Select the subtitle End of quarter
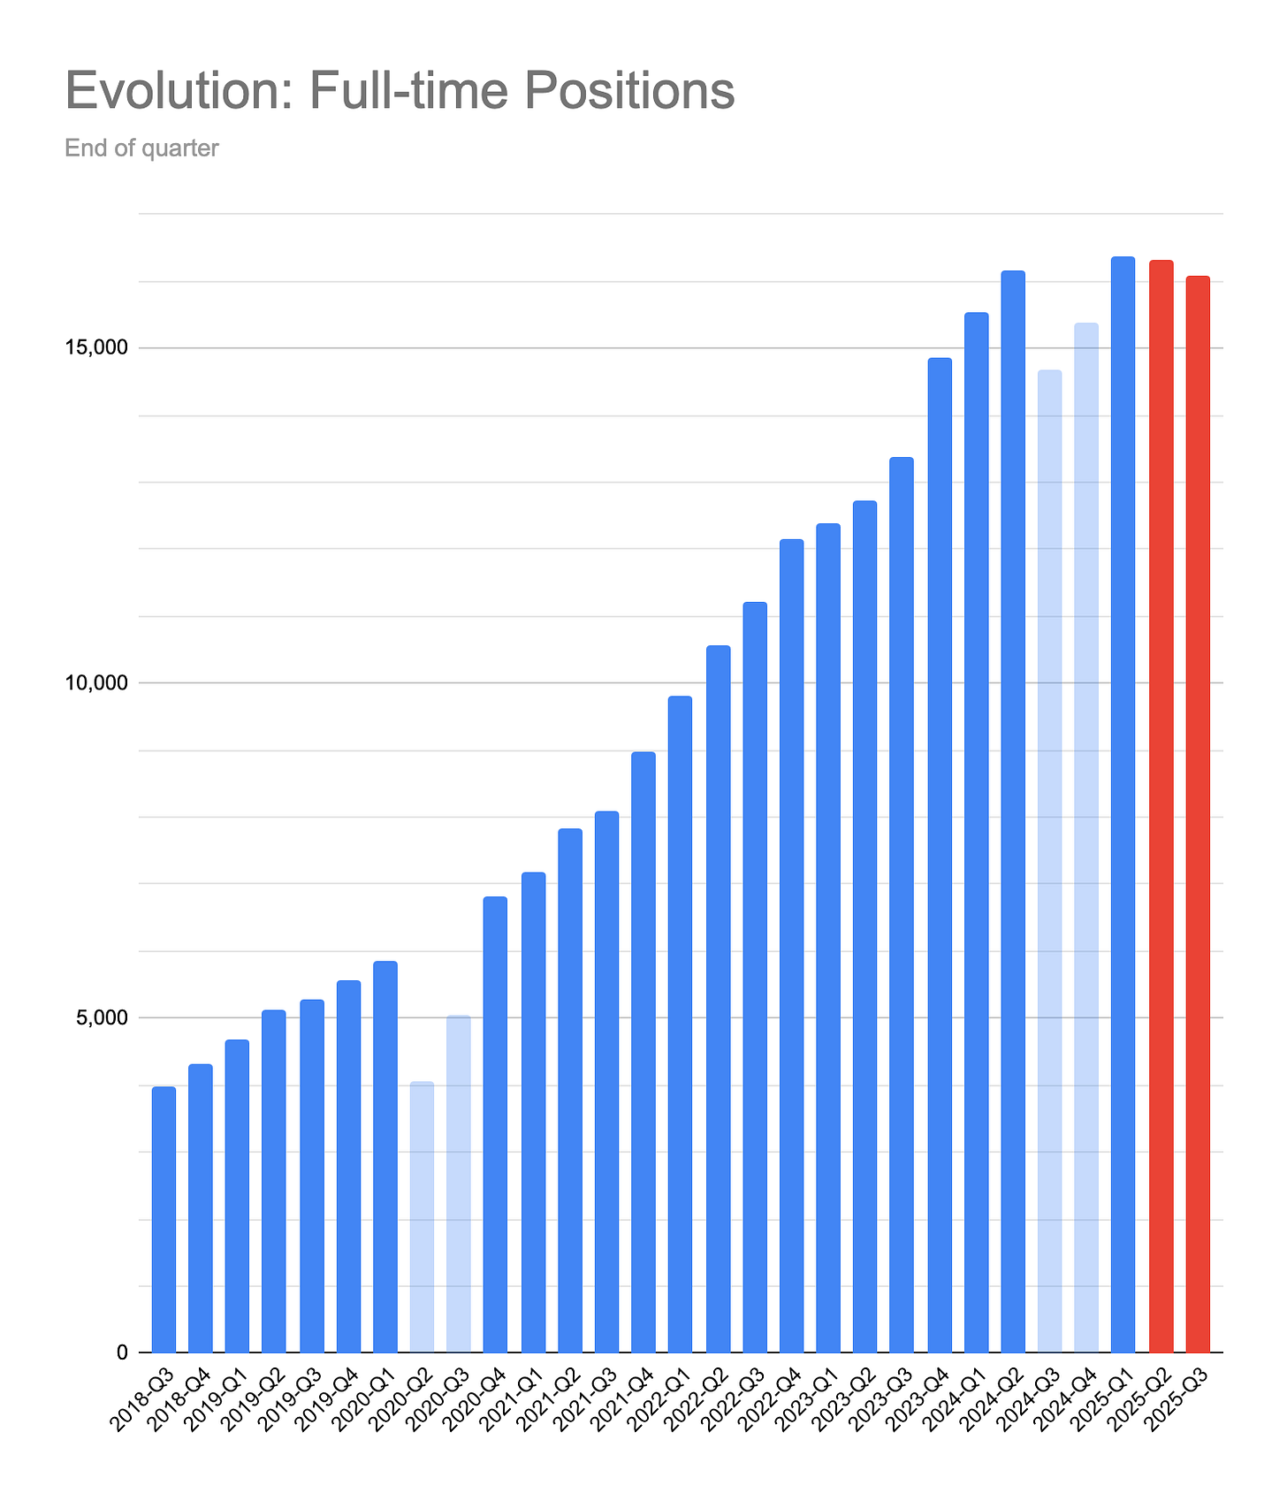(141, 148)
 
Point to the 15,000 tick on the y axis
(97, 348)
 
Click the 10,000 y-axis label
(97, 683)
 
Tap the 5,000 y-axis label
(102, 1017)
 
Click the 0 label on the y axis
(122, 1352)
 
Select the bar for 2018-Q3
(164, 1220)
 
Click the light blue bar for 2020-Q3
(459, 1184)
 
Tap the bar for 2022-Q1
(680, 1025)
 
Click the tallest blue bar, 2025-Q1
(1123, 804)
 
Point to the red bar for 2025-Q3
(1198, 813)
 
